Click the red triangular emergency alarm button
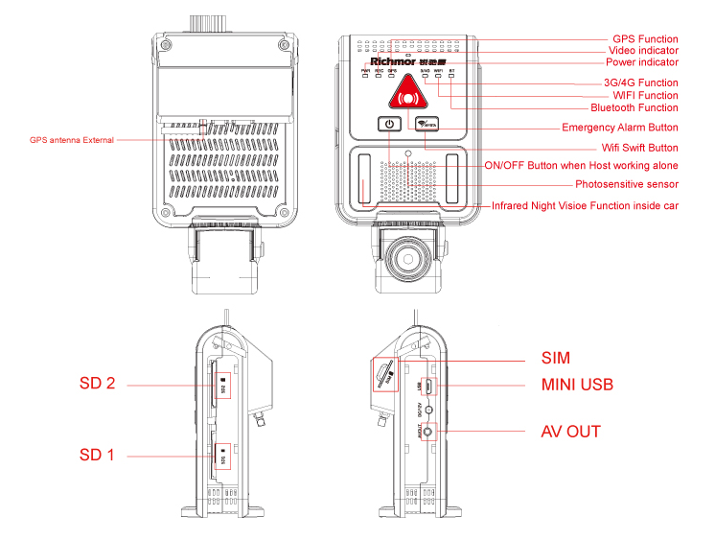(x=408, y=95)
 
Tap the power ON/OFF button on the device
(x=388, y=124)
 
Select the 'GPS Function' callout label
(x=645, y=39)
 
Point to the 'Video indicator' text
(x=643, y=51)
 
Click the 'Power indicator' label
(x=641, y=62)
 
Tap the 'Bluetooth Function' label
(x=634, y=107)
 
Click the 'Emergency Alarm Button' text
(x=620, y=128)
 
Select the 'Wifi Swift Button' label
(x=639, y=148)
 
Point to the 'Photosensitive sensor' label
(x=627, y=184)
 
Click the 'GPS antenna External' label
(x=72, y=140)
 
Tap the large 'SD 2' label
(x=97, y=384)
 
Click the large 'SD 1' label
(x=97, y=455)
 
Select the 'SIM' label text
(x=555, y=359)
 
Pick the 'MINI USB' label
(x=576, y=385)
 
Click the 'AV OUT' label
(x=570, y=432)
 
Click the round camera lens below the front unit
(x=407, y=258)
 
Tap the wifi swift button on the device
(x=427, y=124)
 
